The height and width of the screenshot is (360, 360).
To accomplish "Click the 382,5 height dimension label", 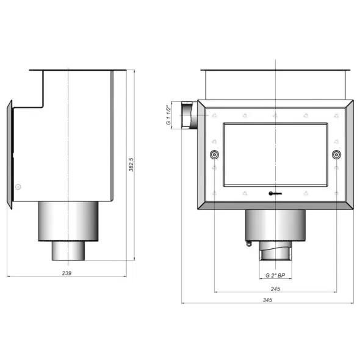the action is click(x=131, y=164).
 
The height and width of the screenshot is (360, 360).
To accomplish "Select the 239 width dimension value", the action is click(x=67, y=273).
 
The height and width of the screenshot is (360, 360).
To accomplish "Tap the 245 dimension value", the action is click(x=275, y=289).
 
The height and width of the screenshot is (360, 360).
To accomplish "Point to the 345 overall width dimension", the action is click(x=267, y=300).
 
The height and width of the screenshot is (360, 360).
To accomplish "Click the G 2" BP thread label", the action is click(x=275, y=275).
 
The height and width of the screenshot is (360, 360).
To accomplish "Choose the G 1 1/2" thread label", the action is click(x=169, y=115).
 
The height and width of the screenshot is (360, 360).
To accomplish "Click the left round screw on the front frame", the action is click(x=214, y=154).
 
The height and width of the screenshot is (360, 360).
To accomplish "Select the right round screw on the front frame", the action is click(x=336, y=154).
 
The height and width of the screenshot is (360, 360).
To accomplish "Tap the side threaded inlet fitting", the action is click(x=189, y=115).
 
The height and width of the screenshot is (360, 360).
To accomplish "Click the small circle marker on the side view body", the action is click(x=18, y=187).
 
